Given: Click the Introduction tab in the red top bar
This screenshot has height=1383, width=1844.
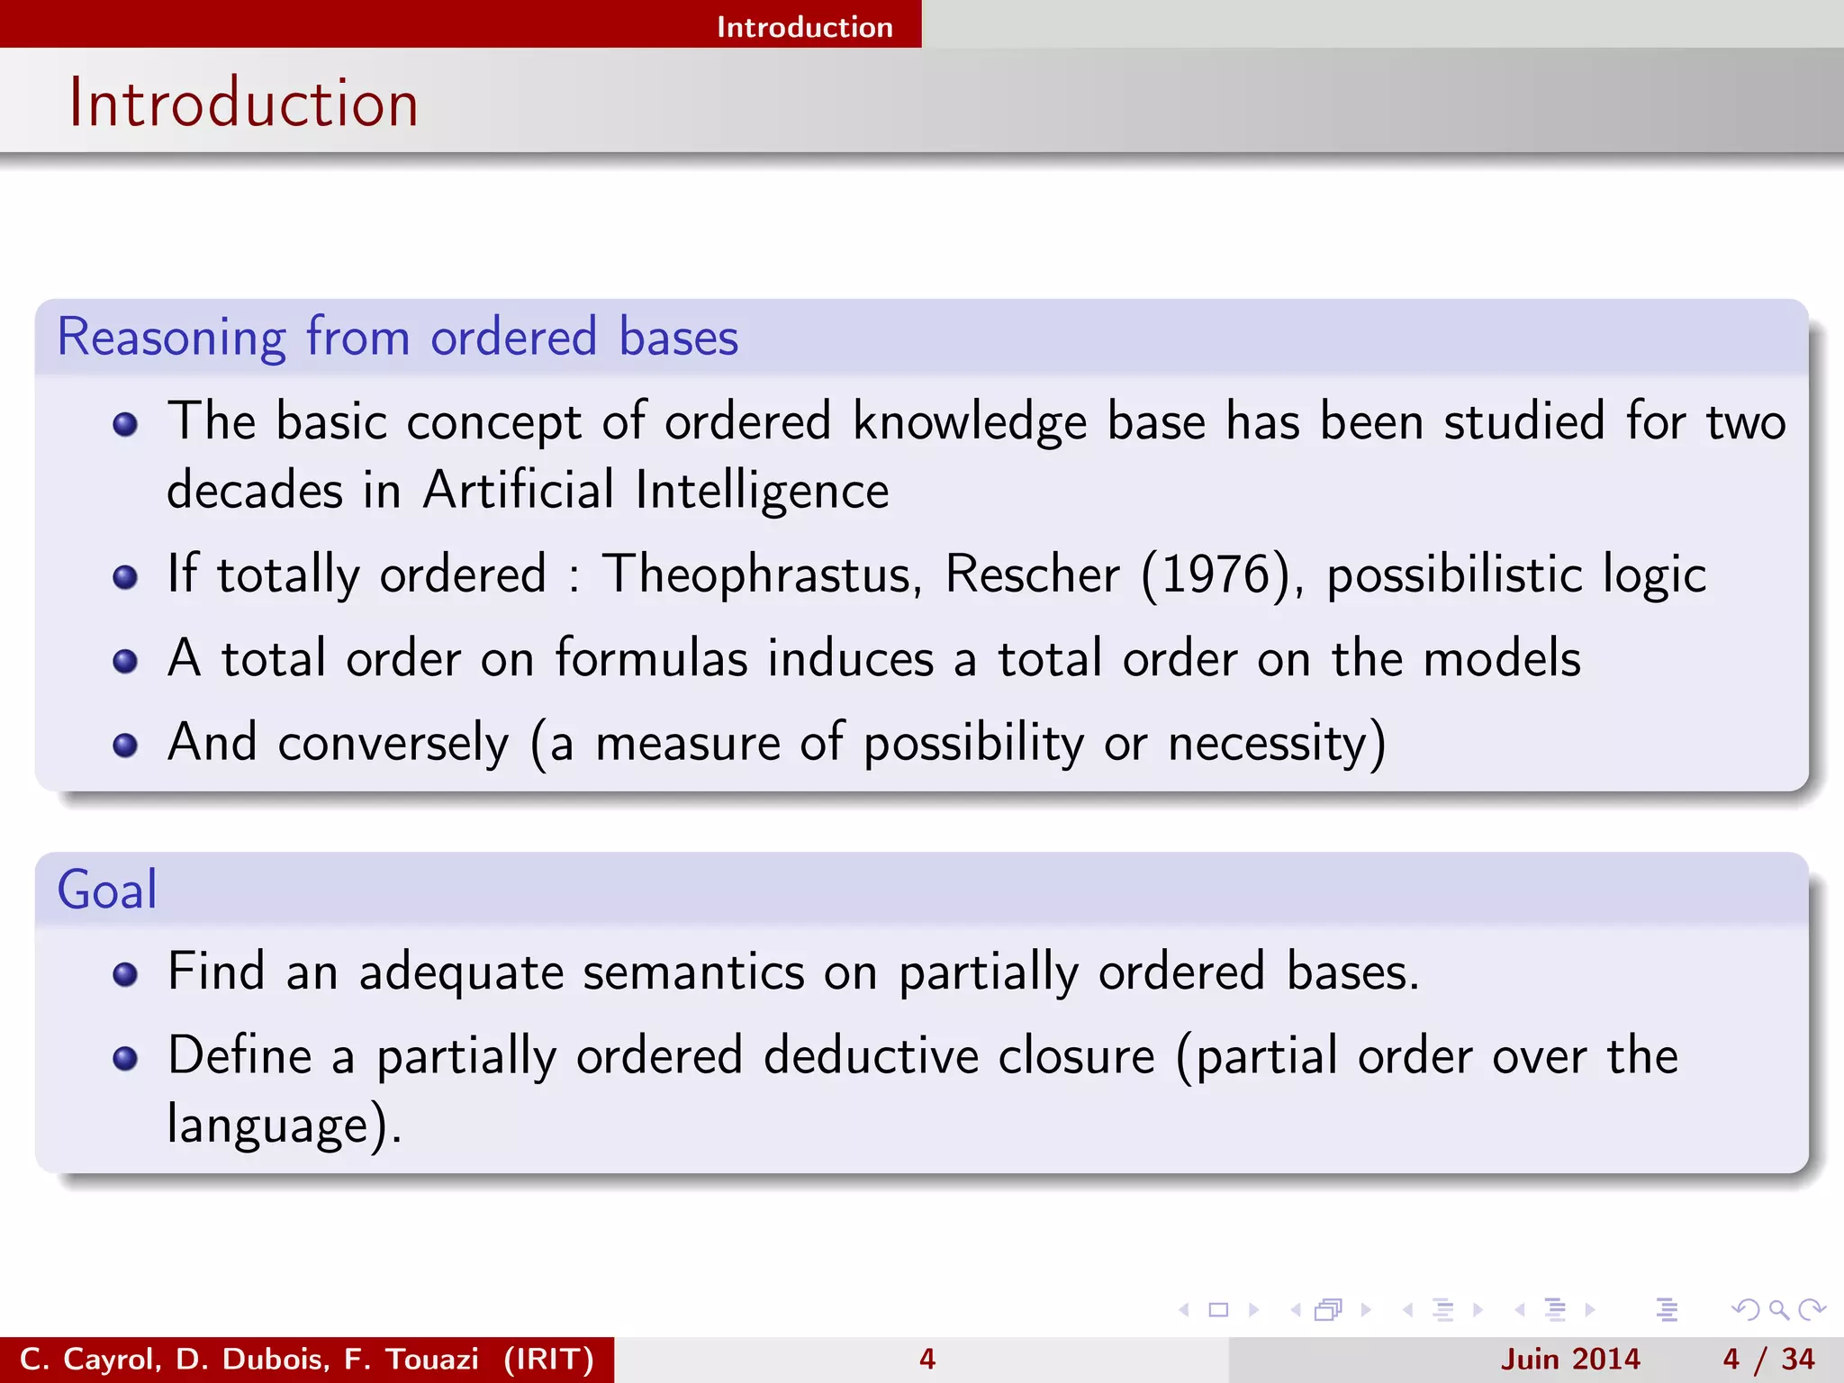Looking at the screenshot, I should [804, 27].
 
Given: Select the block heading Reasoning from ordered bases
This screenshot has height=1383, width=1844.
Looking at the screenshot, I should [397, 337].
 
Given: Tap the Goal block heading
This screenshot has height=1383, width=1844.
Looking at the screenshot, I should [107, 890].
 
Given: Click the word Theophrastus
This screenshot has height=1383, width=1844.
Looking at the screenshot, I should [762, 574].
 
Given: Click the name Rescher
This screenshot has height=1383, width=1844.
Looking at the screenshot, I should [1032, 574].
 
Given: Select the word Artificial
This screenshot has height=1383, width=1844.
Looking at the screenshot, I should [519, 491].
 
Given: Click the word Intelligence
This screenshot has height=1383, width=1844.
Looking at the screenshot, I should [762, 491].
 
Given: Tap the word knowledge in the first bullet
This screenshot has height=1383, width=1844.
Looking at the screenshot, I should [969, 421].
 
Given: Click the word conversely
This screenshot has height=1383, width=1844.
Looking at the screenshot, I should [393, 743].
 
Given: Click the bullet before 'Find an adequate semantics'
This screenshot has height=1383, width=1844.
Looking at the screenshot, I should [125, 974].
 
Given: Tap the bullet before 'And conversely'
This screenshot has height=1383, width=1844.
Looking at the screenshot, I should [125, 745].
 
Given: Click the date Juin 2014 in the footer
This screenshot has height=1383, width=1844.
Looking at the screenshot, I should [1570, 1359].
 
